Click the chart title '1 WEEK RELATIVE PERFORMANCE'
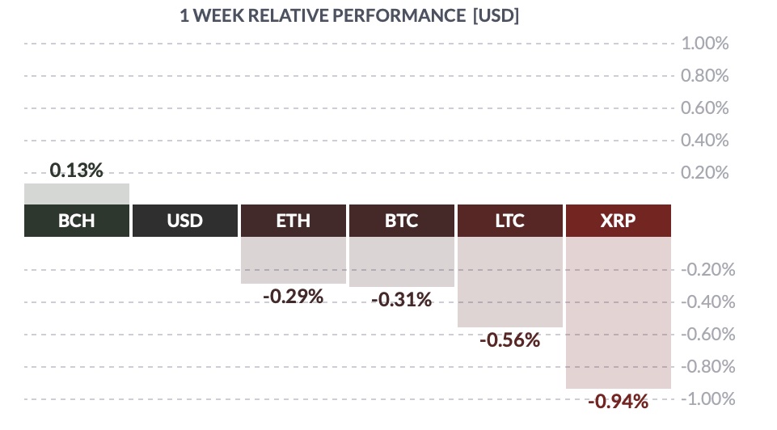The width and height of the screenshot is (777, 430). click(322, 16)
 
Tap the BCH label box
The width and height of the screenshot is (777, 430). click(77, 221)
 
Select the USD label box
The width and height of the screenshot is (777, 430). click(185, 221)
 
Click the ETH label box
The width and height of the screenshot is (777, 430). click(293, 221)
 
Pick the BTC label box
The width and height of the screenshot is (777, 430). click(402, 221)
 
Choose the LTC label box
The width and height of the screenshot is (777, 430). click(510, 221)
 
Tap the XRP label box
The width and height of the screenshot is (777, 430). click(619, 221)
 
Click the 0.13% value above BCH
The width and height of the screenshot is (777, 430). click(76, 171)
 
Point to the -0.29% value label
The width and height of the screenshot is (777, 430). click(293, 297)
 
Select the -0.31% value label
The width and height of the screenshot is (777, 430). click(402, 300)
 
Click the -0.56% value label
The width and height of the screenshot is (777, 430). click(510, 340)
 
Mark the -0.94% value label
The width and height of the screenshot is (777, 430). click(619, 401)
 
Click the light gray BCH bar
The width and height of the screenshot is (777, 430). click(77, 194)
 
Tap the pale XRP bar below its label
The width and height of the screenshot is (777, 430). click(619, 313)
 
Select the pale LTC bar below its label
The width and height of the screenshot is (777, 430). click(510, 282)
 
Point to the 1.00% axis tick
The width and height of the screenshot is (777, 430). click(705, 44)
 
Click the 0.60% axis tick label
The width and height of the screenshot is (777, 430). click(705, 108)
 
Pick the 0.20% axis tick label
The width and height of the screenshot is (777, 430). click(705, 173)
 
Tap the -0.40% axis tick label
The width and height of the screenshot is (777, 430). click(708, 302)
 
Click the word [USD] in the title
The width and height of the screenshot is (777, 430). click(496, 16)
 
